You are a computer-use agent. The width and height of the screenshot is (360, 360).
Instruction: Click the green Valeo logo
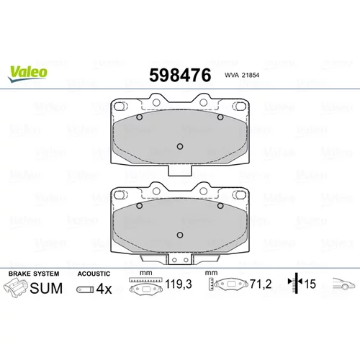27,74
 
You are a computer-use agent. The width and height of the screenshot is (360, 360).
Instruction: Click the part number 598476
180,76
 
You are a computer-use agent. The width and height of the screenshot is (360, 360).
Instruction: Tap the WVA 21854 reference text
242,75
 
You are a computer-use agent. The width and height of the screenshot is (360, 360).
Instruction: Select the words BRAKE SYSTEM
34,274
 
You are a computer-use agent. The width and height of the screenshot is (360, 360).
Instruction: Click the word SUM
46,288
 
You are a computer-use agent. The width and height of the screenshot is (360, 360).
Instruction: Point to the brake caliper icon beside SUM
16,288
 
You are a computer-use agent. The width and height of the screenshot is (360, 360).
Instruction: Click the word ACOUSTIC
94,274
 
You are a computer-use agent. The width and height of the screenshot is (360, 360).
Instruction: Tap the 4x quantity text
104,289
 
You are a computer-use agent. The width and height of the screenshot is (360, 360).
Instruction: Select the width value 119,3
179,284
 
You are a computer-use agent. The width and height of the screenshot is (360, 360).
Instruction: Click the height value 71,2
261,284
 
